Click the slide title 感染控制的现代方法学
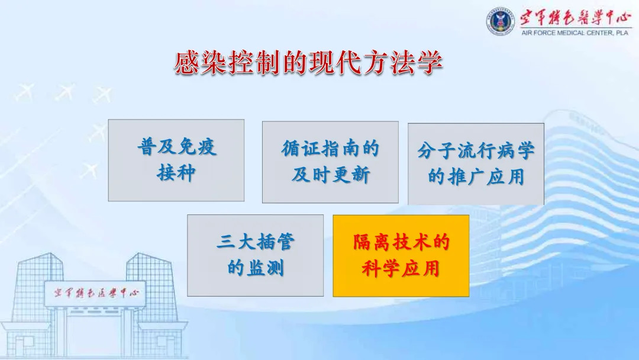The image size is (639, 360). (x=309, y=63)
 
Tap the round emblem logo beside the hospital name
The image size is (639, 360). (x=501, y=21)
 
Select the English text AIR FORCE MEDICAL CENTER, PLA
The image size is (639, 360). (x=575, y=33)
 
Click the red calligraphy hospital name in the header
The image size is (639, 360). (x=575, y=18)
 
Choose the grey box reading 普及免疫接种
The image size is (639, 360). (x=176, y=160)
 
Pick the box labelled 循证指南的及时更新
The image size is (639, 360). (x=330, y=162)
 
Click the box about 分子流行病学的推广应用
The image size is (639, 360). (x=476, y=164)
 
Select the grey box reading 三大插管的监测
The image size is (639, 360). (x=255, y=256)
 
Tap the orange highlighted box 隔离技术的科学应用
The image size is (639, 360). (x=401, y=256)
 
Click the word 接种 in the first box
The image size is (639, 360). (x=176, y=173)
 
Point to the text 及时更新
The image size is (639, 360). (x=331, y=175)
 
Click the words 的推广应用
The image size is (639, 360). (x=476, y=177)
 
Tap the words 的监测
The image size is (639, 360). (x=256, y=268)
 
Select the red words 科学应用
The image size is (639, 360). (x=401, y=269)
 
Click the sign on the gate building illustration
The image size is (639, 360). (x=95, y=293)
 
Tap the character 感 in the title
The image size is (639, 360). (x=188, y=63)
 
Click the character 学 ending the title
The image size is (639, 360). (x=430, y=63)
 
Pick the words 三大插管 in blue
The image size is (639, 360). (x=256, y=242)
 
